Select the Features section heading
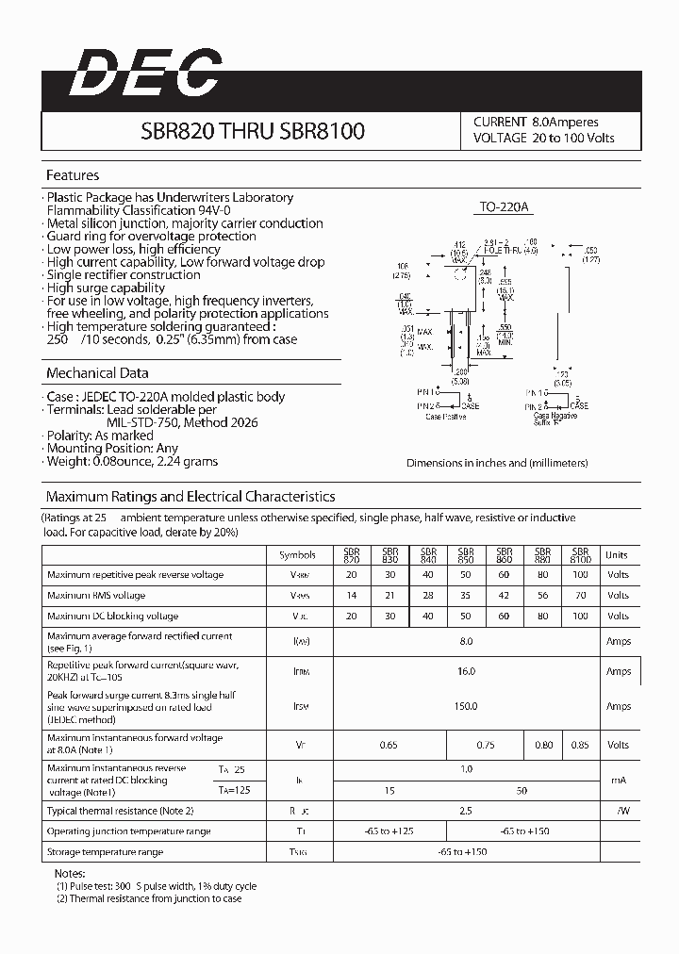pyautogui.click(x=73, y=175)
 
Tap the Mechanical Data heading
pyautogui.click(x=97, y=373)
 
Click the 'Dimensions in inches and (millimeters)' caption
pyautogui.click(x=497, y=463)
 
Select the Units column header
pyautogui.click(x=617, y=555)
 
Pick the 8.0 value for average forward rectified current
pyautogui.click(x=466, y=641)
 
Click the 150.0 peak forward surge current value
pyautogui.click(x=466, y=706)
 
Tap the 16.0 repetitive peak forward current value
pyautogui.click(x=466, y=671)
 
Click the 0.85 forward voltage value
pyautogui.click(x=580, y=745)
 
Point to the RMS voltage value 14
pyautogui.click(x=352, y=596)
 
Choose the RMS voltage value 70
pyautogui.click(x=580, y=596)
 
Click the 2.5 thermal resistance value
pyautogui.click(x=466, y=811)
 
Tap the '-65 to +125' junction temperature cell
pyautogui.click(x=390, y=831)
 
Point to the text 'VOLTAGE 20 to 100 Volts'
pyautogui.click(x=543, y=139)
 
